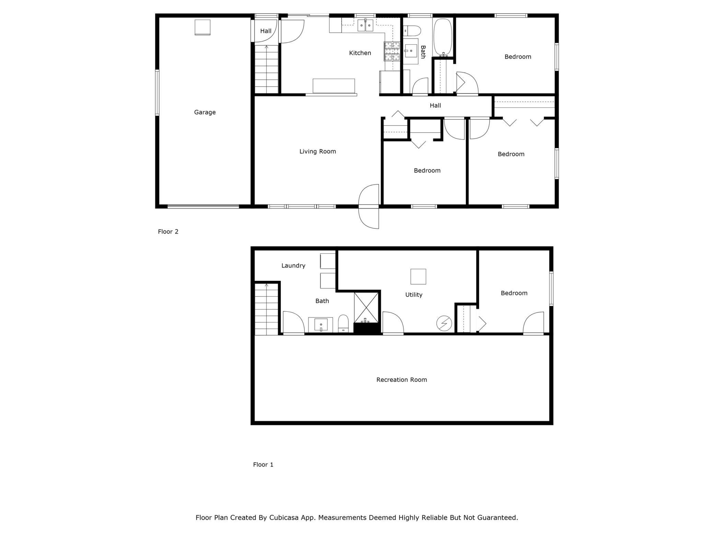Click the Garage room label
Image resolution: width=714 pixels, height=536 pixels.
pyautogui.click(x=205, y=112)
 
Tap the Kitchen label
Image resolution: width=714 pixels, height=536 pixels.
pyautogui.click(x=360, y=53)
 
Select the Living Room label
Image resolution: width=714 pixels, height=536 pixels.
pyautogui.click(x=318, y=151)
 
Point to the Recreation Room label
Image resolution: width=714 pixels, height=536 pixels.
pyautogui.click(x=402, y=380)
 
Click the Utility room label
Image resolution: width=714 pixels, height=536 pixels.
pyautogui.click(x=414, y=295)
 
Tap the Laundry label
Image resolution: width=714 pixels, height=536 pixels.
pyautogui.click(x=293, y=266)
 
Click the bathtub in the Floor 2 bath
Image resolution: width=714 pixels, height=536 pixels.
pyautogui.click(x=443, y=37)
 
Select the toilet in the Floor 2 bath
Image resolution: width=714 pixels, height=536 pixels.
pyautogui.click(x=412, y=31)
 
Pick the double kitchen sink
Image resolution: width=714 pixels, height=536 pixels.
pyautogui.click(x=365, y=25)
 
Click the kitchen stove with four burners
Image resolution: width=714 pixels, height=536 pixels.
pyautogui.click(x=392, y=52)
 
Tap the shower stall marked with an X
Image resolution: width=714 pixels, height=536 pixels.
pyautogui.click(x=366, y=308)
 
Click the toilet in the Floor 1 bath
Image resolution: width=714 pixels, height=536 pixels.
pyautogui.click(x=343, y=324)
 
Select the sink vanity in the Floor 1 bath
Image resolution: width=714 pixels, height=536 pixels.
pyautogui.click(x=321, y=325)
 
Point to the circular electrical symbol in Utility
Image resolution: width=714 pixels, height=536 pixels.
pyautogui.click(x=444, y=324)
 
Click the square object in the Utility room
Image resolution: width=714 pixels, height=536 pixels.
pyautogui.click(x=418, y=277)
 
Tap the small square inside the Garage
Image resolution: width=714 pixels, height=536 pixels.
pyautogui.click(x=202, y=27)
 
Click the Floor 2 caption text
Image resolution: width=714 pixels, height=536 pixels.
pyautogui.click(x=168, y=232)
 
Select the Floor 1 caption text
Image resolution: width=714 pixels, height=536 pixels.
pyautogui.click(x=263, y=465)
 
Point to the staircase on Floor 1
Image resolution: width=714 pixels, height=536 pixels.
pyautogui.click(x=266, y=309)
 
